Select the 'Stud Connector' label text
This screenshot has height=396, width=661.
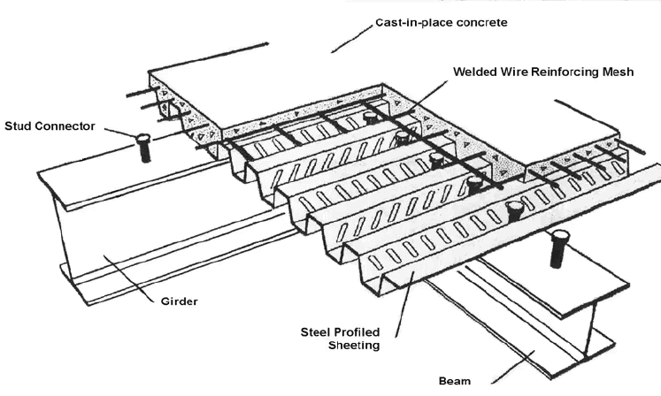(48, 126)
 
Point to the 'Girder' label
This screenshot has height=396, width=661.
(176, 301)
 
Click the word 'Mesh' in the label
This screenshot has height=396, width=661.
(616, 72)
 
